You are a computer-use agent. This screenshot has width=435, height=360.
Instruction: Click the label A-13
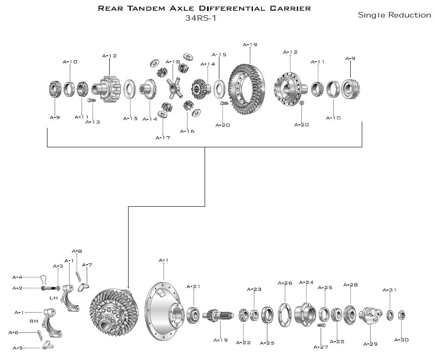pos(93,122)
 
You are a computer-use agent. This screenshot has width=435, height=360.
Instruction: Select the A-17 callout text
pos(163,138)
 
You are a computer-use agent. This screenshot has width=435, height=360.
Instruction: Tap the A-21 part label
pos(194,287)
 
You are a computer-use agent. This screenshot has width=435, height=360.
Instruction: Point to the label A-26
pos(285,283)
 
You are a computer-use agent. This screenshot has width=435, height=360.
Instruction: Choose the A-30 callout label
pos(401,340)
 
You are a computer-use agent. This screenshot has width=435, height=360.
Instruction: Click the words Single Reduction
pos(394,15)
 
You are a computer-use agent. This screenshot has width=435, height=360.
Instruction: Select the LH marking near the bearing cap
pos(53,298)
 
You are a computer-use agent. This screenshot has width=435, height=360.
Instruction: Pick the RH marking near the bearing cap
pos(34,321)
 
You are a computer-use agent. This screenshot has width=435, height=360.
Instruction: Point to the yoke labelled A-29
pos(370,317)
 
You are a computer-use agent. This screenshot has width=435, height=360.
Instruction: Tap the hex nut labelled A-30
pos(401,315)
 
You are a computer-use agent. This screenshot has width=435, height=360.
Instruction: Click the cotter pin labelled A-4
pos(44,278)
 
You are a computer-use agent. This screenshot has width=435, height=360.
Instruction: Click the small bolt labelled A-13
pos(91,100)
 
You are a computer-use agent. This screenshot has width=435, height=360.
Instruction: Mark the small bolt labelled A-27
pos(322,325)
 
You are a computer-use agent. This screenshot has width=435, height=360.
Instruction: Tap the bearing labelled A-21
pos(193,315)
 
